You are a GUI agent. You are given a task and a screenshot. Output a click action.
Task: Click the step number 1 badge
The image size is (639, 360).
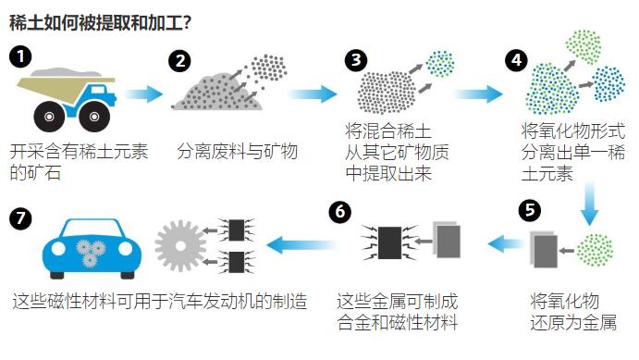21,56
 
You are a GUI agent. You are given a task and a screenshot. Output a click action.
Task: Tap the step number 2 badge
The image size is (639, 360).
180,61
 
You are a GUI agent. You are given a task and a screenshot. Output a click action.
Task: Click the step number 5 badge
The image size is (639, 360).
530,209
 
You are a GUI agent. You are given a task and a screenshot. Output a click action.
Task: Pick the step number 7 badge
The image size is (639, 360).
20,219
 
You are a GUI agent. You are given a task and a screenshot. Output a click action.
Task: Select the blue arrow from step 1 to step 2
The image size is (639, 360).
143,93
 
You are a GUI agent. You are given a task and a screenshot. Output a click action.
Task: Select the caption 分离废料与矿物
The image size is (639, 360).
238,150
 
